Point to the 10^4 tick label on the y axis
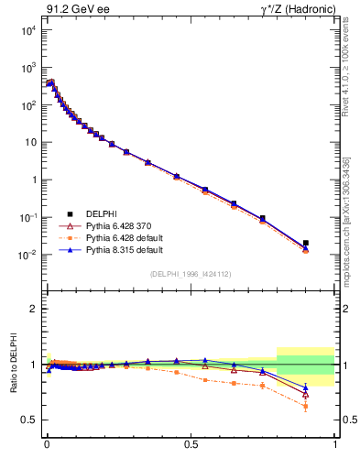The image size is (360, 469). click(28, 30)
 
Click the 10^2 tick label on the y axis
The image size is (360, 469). click(28, 105)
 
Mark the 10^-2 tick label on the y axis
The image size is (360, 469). click(27, 255)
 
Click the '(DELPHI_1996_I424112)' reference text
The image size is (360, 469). click(191, 275)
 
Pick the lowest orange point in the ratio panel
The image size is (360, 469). click(306, 406)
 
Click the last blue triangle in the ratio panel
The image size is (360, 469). click(306, 387)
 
